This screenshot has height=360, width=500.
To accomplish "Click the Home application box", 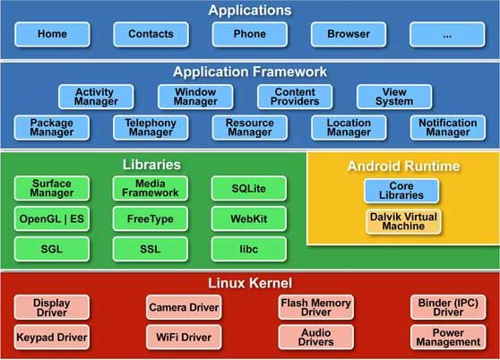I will (x=52, y=34).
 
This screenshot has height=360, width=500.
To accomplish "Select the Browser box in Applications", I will (x=348, y=34).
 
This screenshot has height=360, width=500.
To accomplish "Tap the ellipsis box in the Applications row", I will (x=446, y=34).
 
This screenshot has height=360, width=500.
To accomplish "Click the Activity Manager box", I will (x=96, y=97).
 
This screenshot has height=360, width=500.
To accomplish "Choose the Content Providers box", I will (x=294, y=97).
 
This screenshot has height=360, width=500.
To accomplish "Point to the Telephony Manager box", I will (x=151, y=127).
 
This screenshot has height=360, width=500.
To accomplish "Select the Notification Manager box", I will (x=447, y=127).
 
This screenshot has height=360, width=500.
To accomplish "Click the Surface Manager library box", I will (x=51, y=188).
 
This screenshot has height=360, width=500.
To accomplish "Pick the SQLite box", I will (x=249, y=188).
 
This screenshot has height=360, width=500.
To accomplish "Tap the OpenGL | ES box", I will (x=51, y=219).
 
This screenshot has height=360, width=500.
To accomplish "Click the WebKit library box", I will (x=249, y=219).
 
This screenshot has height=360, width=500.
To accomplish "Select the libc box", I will (x=249, y=248).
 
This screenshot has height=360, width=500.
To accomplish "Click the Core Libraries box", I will (x=403, y=191).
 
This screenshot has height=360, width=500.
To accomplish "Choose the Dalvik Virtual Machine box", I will (x=403, y=221).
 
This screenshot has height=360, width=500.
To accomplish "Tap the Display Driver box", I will (x=51, y=307).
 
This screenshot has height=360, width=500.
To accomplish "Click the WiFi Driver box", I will (x=184, y=338).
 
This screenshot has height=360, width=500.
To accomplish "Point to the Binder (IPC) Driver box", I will (x=447, y=307).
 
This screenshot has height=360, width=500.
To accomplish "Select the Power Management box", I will (x=447, y=338).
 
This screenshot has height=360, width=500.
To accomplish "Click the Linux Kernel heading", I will (x=250, y=283).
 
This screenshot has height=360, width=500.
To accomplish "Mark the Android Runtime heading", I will (x=403, y=167).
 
